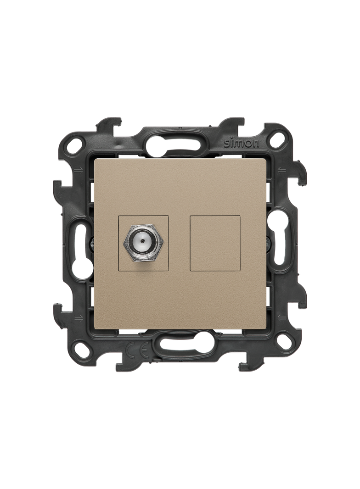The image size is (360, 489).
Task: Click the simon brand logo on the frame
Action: (x=242, y=144)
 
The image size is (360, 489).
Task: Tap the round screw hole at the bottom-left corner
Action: (x=82, y=346)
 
